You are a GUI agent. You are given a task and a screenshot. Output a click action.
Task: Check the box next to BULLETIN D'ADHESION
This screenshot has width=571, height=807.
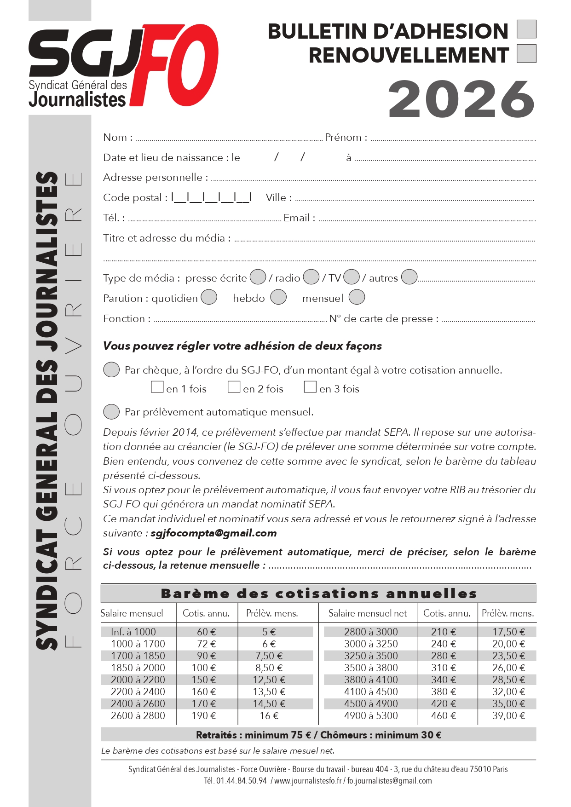tap(526, 29)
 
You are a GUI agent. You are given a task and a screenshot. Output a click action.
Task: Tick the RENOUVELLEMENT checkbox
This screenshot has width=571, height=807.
tap(526, 53)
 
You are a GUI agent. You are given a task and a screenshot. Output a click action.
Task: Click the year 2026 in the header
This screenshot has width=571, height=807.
tap(461, 99)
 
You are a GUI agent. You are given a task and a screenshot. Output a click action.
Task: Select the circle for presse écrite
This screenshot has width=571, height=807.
tap(258, 277)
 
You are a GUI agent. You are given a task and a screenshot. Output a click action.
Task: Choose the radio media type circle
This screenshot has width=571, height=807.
tap(311, 277)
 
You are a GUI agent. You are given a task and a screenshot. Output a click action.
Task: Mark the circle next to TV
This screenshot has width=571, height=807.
tap(352, 277)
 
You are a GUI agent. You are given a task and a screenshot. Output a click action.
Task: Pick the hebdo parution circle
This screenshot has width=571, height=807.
tap(278, 297)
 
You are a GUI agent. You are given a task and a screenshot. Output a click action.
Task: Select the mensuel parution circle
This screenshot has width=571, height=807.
tap(357, 297)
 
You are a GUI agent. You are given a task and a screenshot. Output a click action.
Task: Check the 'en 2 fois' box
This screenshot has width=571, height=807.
tap(234, 387)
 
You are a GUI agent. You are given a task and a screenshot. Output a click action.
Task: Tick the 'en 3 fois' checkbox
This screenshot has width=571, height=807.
tap(310, 387)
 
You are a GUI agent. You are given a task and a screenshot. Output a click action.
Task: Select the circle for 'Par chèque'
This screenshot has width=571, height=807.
tap(111, 369)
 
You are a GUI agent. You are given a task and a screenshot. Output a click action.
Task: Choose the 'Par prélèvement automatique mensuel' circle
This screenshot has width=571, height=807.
tap(111, 412)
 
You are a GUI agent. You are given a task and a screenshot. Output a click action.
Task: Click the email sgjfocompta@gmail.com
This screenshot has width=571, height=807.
tap(213, 533)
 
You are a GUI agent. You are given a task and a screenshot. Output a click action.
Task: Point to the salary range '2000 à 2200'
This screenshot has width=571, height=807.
tap(138, 680)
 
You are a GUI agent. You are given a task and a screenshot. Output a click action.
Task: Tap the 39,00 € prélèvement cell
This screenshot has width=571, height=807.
tap(508, 715)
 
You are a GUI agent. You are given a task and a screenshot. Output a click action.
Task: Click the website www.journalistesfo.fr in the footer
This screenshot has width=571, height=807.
tap(308, 781)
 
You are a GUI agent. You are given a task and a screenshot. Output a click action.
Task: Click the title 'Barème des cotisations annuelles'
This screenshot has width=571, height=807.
tap(318, 594)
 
